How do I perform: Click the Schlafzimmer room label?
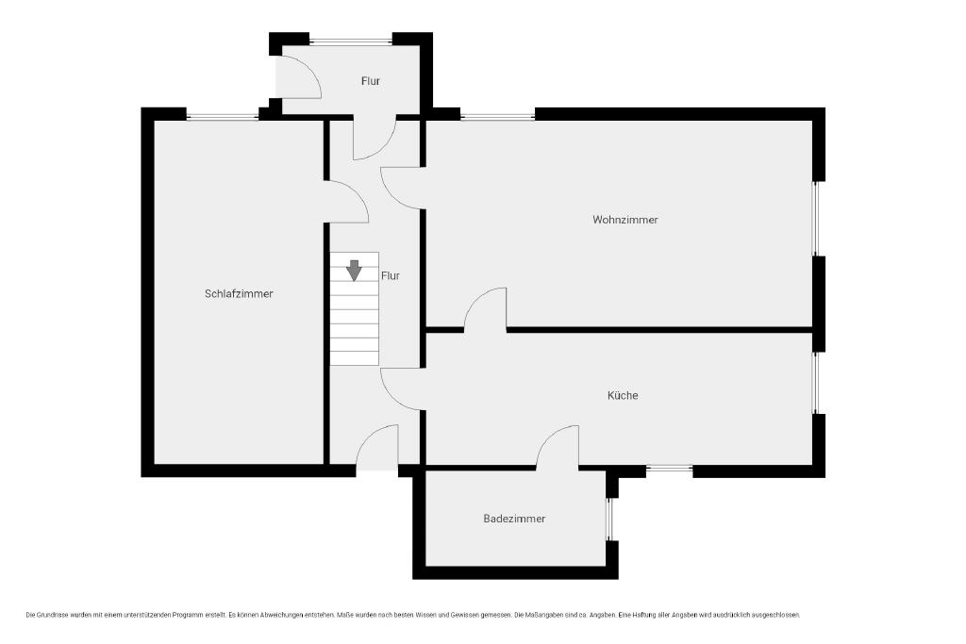(x=239, y=293)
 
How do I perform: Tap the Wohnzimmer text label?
(x=625, y=219)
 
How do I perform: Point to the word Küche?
(x=623, y=395)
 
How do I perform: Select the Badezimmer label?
(x=514, y=519)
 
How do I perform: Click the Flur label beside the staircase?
(x=390, y=276)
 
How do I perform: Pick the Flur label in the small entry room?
(x=370, y=81)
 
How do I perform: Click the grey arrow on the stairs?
(x=354, y=271)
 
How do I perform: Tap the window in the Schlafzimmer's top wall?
(x=223, y=116)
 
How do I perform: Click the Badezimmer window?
(x=609, y=519)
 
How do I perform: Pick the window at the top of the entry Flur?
(x=351, y=41)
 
